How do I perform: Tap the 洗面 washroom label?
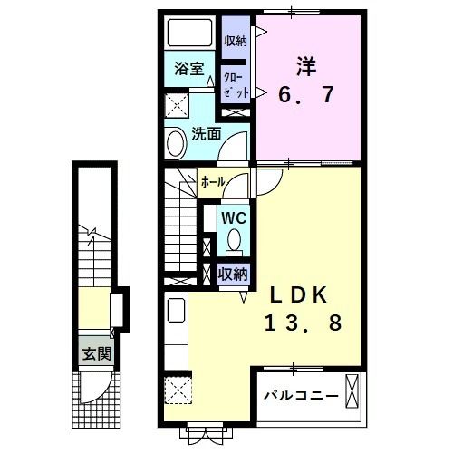point(207,133)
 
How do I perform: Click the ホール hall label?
point(212,181)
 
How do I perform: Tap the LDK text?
point(291,294)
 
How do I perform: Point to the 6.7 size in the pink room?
point(305,92)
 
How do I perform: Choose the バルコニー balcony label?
point(301,396)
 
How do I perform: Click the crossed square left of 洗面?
point(175,101)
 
